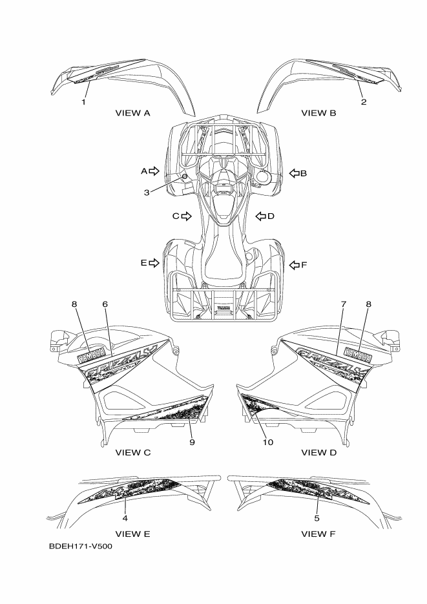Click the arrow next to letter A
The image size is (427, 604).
[154, 171]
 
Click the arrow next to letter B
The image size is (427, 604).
[294, 173]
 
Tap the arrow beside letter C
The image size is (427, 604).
[187, 216]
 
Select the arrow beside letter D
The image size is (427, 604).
[261, 216]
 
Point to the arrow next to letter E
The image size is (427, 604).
[154, 263]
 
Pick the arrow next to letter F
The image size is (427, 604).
[294, 264]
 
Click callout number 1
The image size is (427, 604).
[83, 102]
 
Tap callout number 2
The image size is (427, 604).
[363, 102]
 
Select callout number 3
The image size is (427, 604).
[147, 192]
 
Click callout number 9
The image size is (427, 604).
[192, 443]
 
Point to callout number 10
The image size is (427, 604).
[267, 443]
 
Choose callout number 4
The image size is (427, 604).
[125, 518]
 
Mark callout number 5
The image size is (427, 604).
[317, 518]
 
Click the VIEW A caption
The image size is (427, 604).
[133, 113]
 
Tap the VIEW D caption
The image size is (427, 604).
[319, 452]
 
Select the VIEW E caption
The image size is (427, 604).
[133, 534]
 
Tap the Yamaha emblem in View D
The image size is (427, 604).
[357, 353]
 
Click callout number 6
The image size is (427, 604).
[105, 304]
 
